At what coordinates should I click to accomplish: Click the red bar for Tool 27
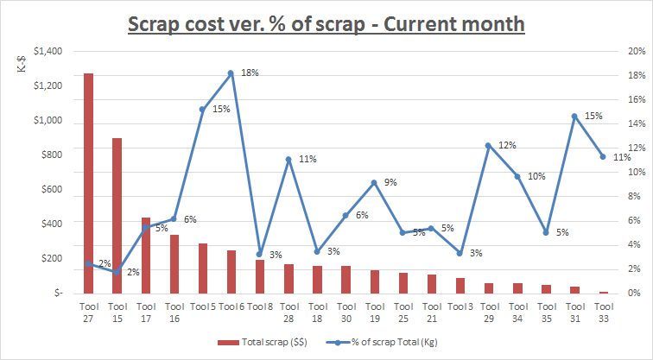point(88,183)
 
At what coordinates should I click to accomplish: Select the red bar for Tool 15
point(117,216)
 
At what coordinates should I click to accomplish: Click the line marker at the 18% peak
point(231,73)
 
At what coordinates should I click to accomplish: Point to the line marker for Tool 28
point(288,160)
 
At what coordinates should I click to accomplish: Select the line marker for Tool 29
point(488,145)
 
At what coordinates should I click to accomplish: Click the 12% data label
point(506,145)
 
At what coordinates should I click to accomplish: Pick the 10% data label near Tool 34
point(536,176)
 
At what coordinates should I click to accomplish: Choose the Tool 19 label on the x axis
point(374,312)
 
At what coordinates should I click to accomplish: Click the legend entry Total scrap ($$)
point(257,343)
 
